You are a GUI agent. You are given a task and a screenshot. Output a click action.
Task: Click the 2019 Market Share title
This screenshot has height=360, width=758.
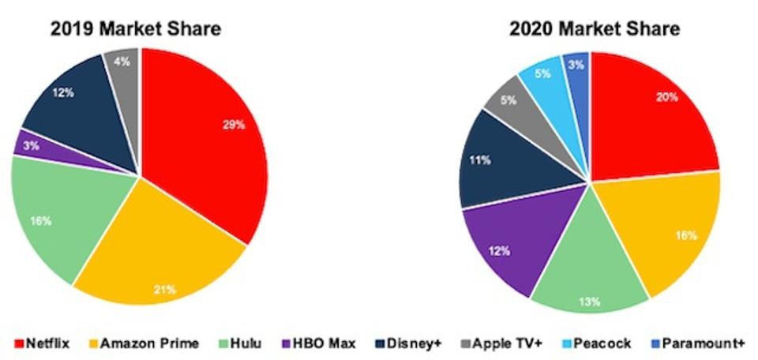point(135,29)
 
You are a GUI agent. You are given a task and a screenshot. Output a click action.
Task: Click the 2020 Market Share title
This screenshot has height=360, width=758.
point(593,29)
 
